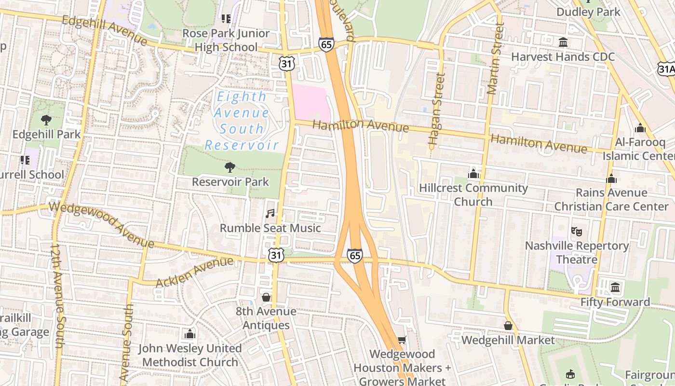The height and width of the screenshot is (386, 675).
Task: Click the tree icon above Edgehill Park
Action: click(x=46, y=120)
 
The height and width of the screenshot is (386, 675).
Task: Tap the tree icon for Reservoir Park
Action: click(x=230, y=167)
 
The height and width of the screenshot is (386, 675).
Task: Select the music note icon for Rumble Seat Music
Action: click(x=270, y=213)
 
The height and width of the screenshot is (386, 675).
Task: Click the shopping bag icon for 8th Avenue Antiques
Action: click(x=266, y=297)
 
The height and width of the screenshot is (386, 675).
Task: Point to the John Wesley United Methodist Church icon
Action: click(x=190, y=334)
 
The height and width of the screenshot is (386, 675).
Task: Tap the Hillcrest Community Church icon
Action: click(x=473, y=174)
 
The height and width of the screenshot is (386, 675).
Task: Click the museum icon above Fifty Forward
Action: click(x=615, y=288)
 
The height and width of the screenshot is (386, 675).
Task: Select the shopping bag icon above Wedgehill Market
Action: click(x=508, y=326)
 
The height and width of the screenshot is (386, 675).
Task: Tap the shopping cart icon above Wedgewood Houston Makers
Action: click(x=402, y=340)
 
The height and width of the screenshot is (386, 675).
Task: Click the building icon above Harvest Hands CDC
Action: click(x=563, y=42)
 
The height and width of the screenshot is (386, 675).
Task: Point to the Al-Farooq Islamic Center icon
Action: click(x=640, y=128)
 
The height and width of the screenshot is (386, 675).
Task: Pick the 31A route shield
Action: click(x=667, y=69)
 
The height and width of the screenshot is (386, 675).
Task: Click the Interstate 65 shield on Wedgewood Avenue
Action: click(x=354, y=256)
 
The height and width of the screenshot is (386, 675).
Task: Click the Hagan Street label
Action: click(x=435, y=110)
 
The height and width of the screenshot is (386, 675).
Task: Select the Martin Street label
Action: click(x=495, y=58)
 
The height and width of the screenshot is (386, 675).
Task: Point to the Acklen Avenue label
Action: click(x=195, y=273)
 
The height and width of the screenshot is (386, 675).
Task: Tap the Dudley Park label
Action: click(x=588, y=12)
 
